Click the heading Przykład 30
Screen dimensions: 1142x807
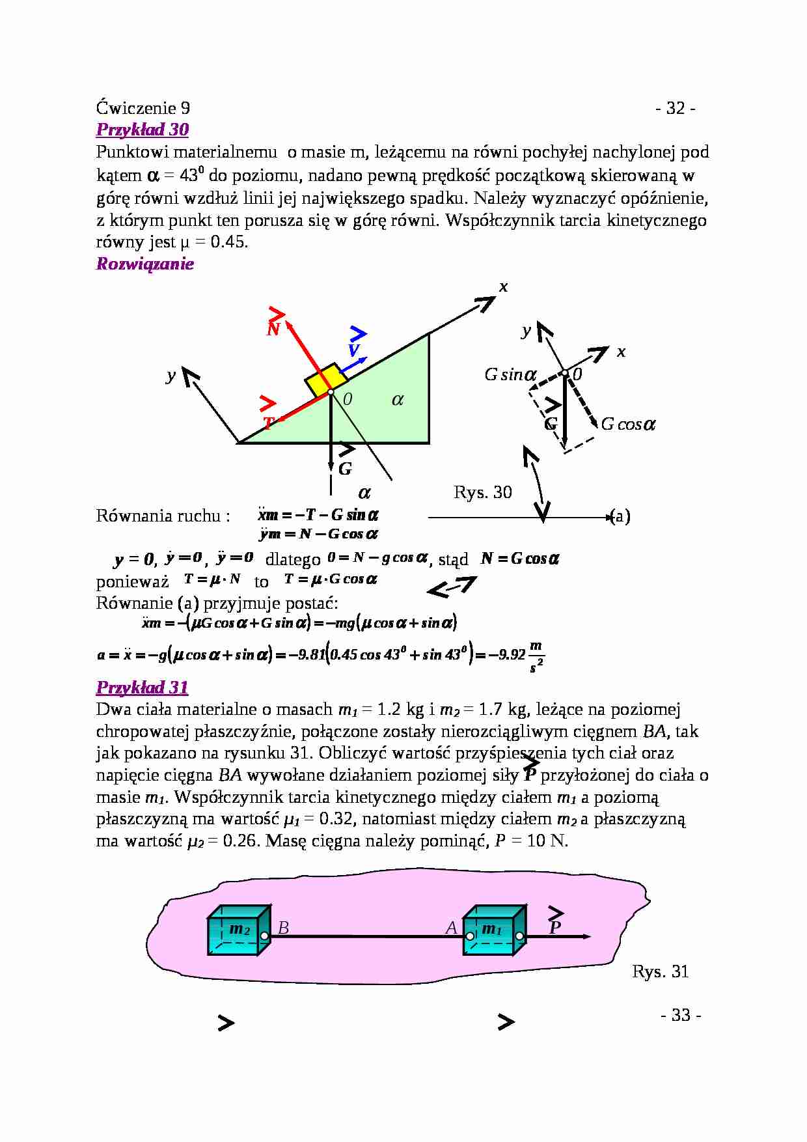tap(143, 130)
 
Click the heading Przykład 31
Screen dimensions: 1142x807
tap(143, 688)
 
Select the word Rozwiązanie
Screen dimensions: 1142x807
tap(145, 264)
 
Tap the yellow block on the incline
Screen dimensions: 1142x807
tap(325, 380)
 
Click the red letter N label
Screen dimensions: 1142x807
tap(273, 329)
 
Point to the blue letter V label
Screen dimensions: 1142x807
tap(354, 351)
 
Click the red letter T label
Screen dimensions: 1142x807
tap(267, 423)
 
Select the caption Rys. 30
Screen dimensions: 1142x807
tap(483, 492)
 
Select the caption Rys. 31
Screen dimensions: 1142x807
tap(660, 971)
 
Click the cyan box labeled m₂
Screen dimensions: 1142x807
tap(238, 930)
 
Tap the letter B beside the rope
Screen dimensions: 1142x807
tap(283, 928)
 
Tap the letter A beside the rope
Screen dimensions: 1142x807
tap(451, 928)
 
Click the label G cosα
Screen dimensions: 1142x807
tap(628, 425)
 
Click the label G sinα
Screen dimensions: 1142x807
tap(511, 375)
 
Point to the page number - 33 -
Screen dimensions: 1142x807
tap(680, 1015)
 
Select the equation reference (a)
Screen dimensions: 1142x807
tap(620, 516)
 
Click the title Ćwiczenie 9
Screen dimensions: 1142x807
tap(143, 108)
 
